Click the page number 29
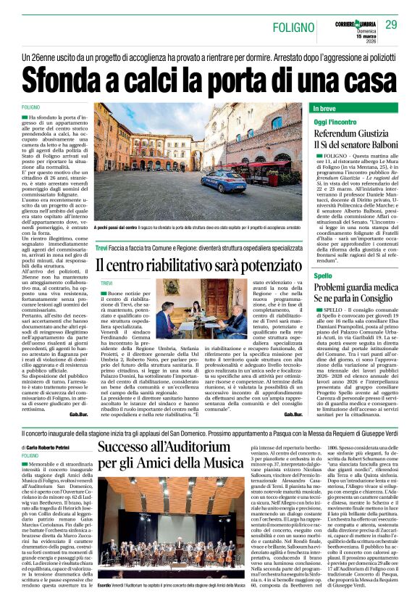click(x=391, y=25)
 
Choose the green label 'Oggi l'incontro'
click(x=335, y=122)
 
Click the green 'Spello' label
click(x=323, y=276)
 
